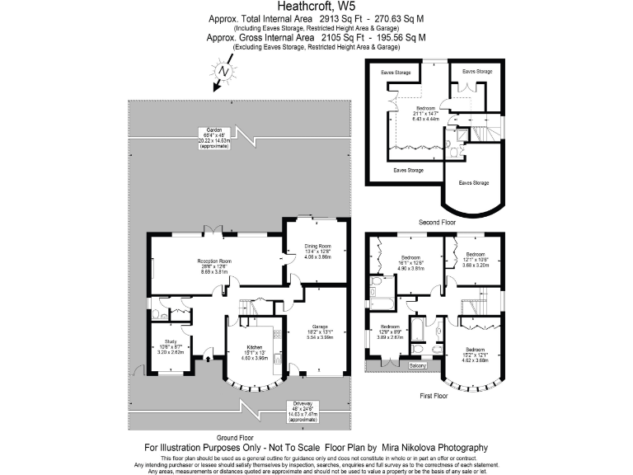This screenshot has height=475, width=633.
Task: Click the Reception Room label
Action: [214, 261]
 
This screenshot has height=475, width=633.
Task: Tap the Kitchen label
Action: [255, 348]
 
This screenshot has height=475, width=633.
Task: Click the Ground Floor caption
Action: [233, 437]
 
